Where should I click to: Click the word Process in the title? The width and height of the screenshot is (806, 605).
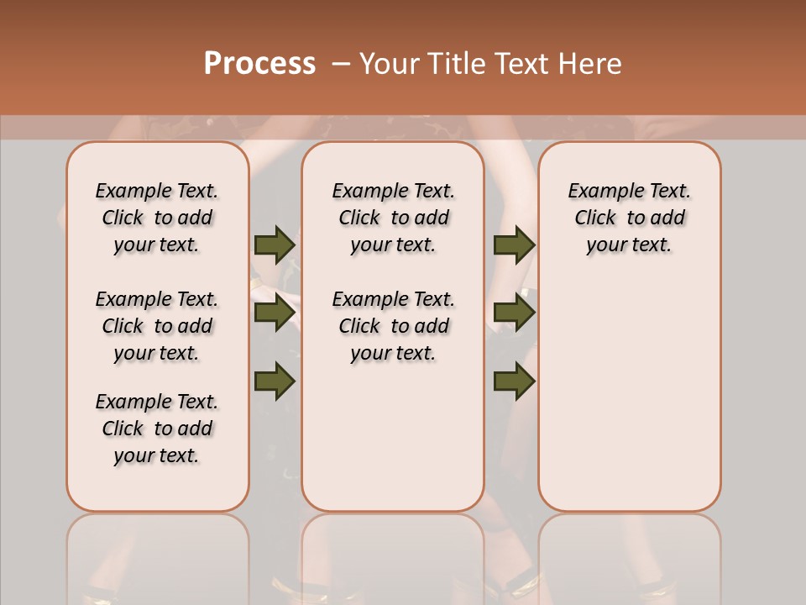coord(259,64)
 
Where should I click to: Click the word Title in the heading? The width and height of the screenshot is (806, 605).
coord(454,64)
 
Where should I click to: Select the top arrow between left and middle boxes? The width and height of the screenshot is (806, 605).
coord(275,245)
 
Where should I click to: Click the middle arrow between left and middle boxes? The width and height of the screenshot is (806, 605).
coord(275,313)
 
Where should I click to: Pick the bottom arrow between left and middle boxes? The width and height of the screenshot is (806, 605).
coord(275,381)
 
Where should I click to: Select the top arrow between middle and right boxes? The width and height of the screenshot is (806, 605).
coord(514,245)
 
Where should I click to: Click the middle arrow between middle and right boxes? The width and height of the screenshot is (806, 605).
coord(514,313)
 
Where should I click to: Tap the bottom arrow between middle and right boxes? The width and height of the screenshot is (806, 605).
coord(514,381)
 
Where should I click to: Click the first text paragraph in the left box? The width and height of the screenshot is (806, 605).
coord(157,218)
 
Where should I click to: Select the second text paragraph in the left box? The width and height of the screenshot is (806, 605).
coord(157,326)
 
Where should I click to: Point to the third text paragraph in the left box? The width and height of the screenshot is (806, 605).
coord(157,429)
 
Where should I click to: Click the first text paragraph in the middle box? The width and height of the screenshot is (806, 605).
coord(393,218)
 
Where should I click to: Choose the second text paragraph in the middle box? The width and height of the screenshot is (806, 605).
coord(393,326)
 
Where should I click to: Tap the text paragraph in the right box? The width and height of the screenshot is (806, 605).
coord(629,218)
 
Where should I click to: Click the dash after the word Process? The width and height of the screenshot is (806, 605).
coord(341,64)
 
